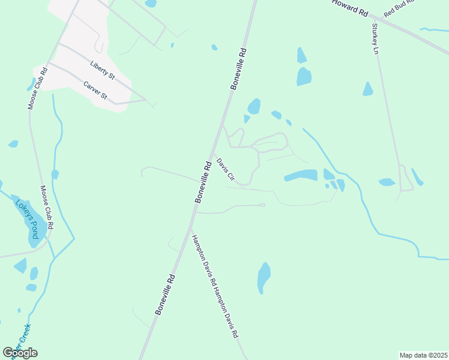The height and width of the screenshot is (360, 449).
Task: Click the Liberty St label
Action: point(102,70)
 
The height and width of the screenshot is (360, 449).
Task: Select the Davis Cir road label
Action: point(225,170)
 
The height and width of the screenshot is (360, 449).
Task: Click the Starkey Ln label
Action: point(376,38)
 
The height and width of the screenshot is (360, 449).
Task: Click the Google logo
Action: point(20,352)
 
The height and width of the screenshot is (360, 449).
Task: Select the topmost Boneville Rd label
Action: point(238,68)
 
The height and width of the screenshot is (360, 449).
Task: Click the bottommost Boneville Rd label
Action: point(165,294)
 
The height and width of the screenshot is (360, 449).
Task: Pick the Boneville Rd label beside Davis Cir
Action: point(203,182)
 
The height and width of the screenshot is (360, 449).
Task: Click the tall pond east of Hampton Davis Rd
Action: point(264,277)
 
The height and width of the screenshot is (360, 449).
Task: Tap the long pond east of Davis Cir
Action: point(301,175)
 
